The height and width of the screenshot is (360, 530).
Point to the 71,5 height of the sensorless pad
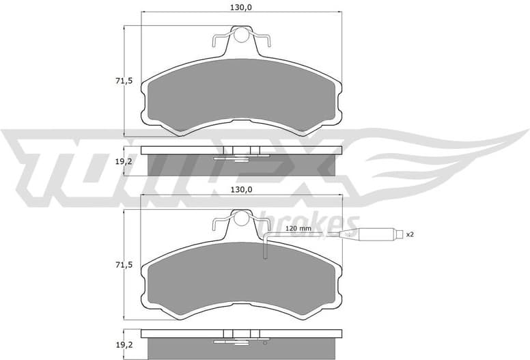(124, 81)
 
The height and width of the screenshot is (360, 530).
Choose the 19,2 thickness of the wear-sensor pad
(124, 346)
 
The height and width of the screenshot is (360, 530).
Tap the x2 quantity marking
(410, 235)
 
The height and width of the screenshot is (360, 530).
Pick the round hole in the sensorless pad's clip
(242, 36)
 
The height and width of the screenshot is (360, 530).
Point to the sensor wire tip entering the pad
(265, 256)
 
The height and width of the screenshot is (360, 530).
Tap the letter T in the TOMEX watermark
(41, 164)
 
